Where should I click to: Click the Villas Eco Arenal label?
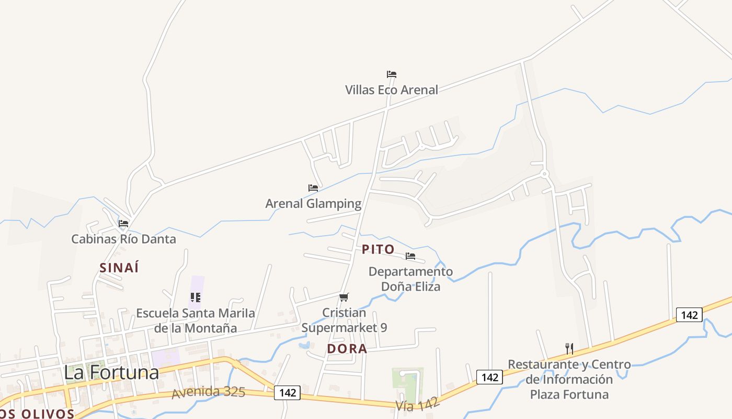pyautogui.click(x=392, y=90)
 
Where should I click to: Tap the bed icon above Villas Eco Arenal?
pyautogui.click(x=392, y=74)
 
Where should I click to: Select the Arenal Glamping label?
pyautogui.click(x=313, y=203)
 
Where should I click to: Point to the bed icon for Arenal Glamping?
pyautogui.click(x=313, y=188)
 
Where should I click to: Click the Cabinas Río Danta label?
pyautogui.click(x=123, y=239)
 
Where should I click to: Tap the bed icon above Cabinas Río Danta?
pyautogui.click(x=123, y=223)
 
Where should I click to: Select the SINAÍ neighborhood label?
pyautogui.click(x=119, y=267)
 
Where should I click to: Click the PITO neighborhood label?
pyautogui.click(x=378, y=249)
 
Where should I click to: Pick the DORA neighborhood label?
pyautogui.click(x=347, y=349)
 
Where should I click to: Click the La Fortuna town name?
pyautogui.click(x=111, y=372)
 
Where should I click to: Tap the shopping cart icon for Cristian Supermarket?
pyautogui.click(x=344, y=297)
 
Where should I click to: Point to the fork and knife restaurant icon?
pyautogui.click(x=569, y=348)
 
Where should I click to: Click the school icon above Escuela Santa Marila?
pyautogui.click(x=196, y=297)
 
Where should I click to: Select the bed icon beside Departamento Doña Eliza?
pyautogui.click(x=410, y=256)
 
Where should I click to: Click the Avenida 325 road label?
pyautogui.click(x=209, y=392)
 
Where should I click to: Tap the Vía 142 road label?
pyautogui.click(x=417, y=404)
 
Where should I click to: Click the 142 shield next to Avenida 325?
pyautogui.click(x=288, y=393)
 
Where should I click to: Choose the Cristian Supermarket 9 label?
pyautogui.click(x=344, y=320)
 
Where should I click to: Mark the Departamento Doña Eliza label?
pyautogui.click(x=410, y=279)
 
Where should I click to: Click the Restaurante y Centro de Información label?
pyautogui.click(x=569, y=379)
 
